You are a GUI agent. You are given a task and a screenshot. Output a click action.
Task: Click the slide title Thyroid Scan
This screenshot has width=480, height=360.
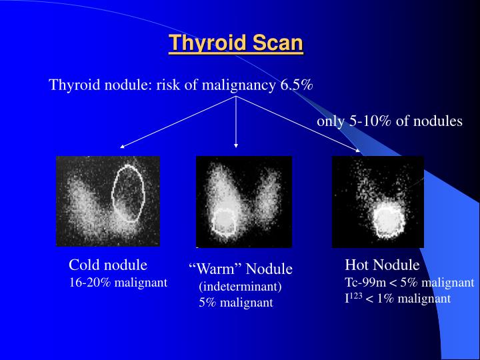click(236, 43)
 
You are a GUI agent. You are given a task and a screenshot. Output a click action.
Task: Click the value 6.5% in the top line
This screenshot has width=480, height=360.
click(297, 85)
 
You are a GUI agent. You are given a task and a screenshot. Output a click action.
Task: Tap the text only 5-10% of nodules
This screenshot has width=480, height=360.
click(389, 121)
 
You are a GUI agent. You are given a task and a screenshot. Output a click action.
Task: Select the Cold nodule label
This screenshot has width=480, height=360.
click(108, 264)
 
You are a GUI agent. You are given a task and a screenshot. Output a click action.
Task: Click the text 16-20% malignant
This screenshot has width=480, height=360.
click(118, 282)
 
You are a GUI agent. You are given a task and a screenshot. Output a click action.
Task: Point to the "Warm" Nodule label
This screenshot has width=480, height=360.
click(241, 269)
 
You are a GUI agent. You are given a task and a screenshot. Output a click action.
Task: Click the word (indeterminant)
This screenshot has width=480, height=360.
click(240, 287)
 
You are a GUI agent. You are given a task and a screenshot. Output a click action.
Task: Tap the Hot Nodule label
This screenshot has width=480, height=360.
click(382, 264)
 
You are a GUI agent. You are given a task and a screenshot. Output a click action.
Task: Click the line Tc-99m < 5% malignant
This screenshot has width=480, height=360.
click(409, 282)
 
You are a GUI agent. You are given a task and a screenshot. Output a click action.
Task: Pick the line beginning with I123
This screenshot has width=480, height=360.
click(397, 299)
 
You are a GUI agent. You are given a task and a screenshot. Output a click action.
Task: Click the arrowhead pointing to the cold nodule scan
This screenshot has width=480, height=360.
click(123, 145)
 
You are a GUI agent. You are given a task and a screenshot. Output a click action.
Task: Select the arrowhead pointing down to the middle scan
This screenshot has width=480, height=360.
click(236, 144)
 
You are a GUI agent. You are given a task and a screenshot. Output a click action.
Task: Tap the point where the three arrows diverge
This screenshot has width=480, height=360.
click(236, 96)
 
